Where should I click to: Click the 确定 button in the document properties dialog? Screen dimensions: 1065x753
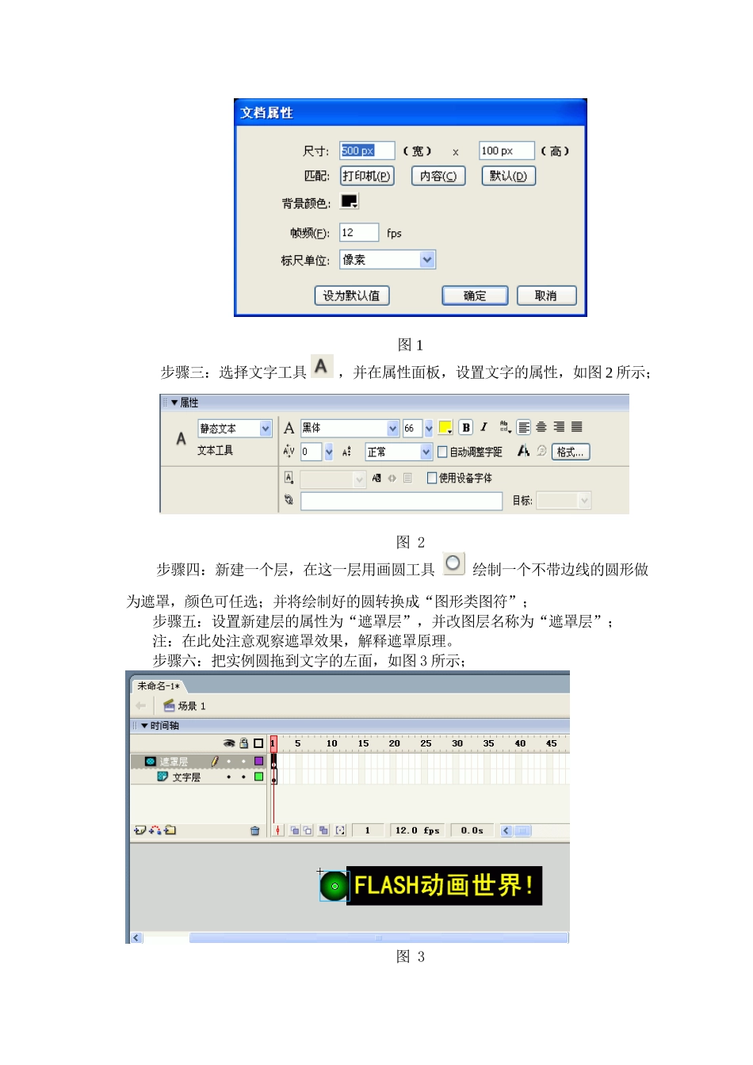click(474, 296)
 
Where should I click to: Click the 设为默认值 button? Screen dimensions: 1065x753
click(351, 296)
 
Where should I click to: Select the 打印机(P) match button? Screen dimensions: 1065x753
click(367, 176)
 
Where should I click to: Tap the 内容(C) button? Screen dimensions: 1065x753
click(438, 176)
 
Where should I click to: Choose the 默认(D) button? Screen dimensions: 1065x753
click(508, 176)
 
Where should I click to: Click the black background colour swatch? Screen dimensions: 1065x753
click(349, 201)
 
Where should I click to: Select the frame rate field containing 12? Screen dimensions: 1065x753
click(358, 232)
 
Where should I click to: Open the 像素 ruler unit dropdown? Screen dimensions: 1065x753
click(427, 259)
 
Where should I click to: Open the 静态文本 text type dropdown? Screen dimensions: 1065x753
click(266, 429)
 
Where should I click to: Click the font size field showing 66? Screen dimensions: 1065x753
click(412, 429)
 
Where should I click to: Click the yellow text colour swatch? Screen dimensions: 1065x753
click(445, 428)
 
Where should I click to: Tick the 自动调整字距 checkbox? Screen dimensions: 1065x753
click(442, 452)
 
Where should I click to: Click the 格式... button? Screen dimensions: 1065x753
click(570, 452)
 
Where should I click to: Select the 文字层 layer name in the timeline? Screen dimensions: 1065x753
click(186, 777)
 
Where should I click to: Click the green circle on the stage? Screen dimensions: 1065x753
click(334, 886)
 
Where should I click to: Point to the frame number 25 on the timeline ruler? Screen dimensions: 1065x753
click(426, 743)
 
